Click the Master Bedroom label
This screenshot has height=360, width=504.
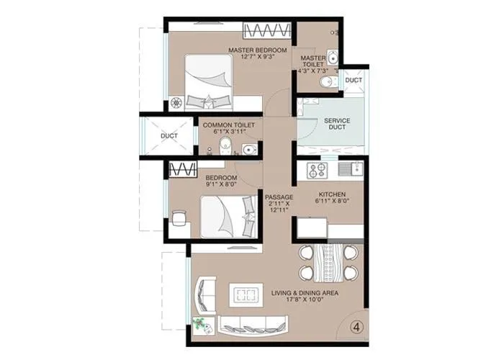257,50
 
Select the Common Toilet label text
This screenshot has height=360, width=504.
229,125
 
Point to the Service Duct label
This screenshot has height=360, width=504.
336,123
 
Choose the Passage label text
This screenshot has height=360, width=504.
277,197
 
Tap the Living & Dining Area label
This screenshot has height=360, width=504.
305,294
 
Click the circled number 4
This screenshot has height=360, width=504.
355,326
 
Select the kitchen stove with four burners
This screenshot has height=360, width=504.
318,171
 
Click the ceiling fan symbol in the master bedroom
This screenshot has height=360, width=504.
176,103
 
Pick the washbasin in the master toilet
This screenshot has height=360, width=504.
332,58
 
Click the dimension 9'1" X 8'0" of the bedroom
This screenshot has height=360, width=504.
221,184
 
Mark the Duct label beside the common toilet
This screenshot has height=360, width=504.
168,135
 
